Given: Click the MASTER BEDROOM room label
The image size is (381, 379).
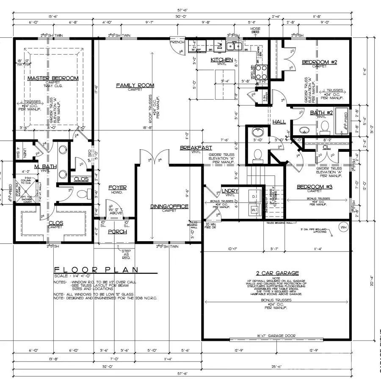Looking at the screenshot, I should tap(53, 78).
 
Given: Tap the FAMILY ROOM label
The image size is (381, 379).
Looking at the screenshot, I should tap(135, 86).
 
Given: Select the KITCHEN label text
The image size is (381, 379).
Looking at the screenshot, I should tap(222, 60).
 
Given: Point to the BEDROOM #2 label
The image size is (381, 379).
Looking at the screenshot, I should tap(319, 62).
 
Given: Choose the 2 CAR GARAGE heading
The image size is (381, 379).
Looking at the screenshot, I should tap(277, 273).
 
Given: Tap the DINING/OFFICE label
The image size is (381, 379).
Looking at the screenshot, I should tap(169, 206).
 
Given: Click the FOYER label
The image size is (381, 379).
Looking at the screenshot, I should tap(117, 187).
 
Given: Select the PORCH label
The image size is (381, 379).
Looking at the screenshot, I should tap(117, 231).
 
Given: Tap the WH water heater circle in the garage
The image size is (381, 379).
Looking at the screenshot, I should tap(342, 227).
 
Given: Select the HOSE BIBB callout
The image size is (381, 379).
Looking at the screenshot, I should tap(255, 31).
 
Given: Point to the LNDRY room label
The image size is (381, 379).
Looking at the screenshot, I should tap(230, 191).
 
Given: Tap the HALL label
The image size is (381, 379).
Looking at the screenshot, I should tap(279, 122).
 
